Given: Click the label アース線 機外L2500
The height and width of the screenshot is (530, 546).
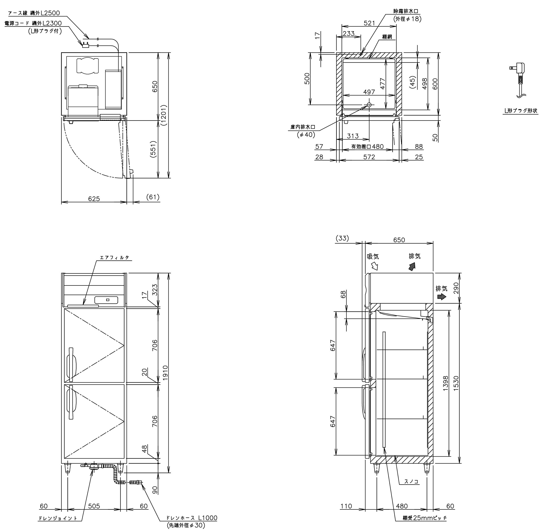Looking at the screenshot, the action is (34, 13).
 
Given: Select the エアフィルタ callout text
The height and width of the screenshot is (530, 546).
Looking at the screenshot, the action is (115, 258).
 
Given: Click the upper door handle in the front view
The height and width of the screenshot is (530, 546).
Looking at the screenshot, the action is (72, 364).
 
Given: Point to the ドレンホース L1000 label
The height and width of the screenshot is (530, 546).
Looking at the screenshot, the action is (192, 517).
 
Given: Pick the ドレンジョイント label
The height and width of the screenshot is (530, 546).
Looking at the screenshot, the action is (57, 518).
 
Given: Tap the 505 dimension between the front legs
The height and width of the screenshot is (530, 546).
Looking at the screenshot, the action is (94, 506).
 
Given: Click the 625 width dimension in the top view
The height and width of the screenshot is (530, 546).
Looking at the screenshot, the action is (94, 198).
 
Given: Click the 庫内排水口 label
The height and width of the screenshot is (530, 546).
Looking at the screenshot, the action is (302, 127).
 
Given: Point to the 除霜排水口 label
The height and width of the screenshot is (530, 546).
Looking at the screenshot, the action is (406, 12).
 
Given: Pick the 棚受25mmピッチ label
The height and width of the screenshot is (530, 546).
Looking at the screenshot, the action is (425, 518).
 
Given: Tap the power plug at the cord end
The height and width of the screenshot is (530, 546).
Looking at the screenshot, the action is (85, 45).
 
